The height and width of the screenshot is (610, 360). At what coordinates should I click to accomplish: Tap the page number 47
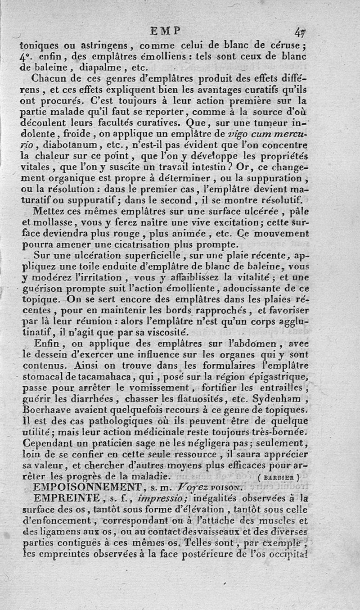pos(301,32)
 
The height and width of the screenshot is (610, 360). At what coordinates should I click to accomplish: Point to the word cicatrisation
pos(129,245)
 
